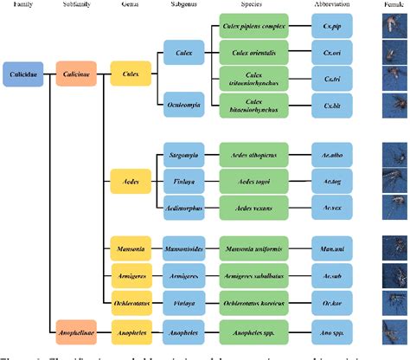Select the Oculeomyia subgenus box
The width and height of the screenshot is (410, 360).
pos(183,105)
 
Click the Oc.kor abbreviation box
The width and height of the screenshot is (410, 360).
pos(331,304)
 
